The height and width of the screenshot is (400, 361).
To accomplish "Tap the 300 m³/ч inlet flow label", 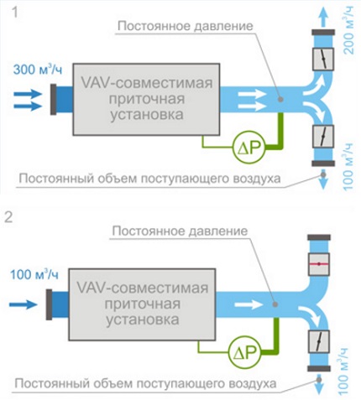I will (x=36, y=70).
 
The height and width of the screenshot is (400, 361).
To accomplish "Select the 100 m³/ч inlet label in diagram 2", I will (x=36, y=274).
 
